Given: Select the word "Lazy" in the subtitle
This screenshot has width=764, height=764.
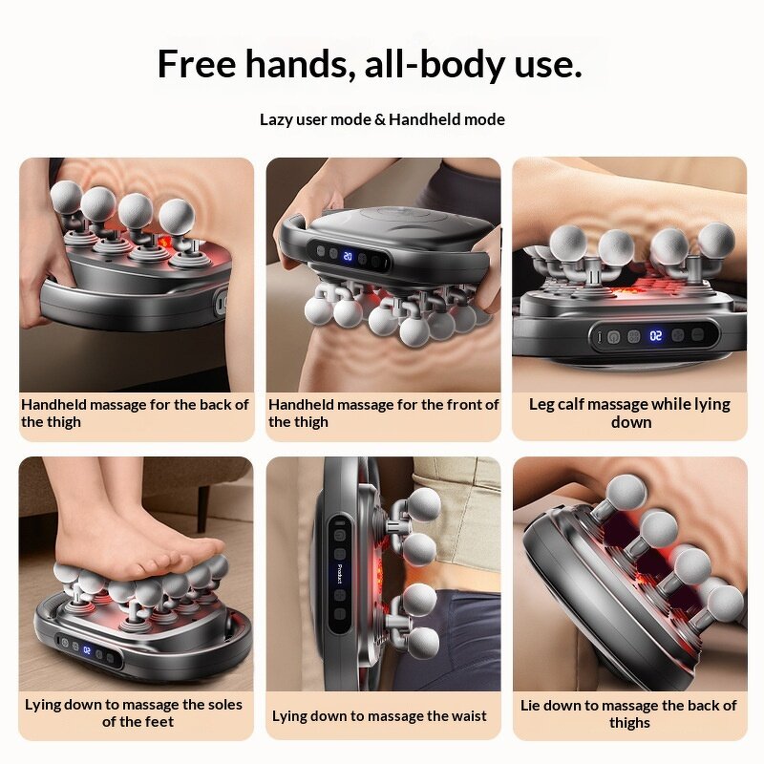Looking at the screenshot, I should (277, 119).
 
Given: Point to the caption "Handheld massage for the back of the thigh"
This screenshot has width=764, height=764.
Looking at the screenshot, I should (136, 414).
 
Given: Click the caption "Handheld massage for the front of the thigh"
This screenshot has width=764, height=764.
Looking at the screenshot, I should (383, 414).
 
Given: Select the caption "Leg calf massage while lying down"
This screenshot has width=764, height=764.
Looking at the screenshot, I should (629, 414).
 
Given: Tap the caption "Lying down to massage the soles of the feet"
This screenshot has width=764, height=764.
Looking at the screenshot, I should (134, 713).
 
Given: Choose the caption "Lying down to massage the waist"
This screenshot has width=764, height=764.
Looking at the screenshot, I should (379, 715).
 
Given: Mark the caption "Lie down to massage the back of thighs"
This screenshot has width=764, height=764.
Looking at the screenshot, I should (628, 713).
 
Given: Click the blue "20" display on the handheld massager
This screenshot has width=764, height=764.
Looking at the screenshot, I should (347, 257).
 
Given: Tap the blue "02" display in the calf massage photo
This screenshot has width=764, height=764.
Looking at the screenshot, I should (656, 336).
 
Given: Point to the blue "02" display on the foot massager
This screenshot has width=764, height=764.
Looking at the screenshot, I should (86, 650).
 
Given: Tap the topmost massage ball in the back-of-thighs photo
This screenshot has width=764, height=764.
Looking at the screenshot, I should (626, 493).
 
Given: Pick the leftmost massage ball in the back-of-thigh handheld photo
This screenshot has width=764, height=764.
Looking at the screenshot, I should (66, 198).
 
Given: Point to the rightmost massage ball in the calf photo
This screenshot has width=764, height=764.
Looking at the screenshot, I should (716, 241).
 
